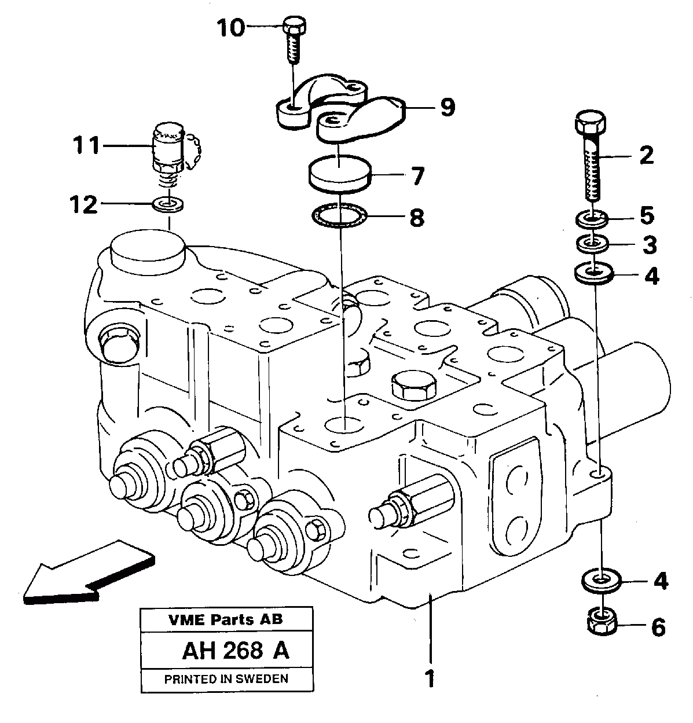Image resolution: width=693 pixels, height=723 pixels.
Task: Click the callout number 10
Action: pos(230,27)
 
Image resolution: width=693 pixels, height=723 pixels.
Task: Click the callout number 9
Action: pos(447,107)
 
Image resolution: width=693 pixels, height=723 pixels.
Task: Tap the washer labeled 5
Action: pos(592,219)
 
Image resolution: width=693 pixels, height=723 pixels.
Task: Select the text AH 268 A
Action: pos(235,651)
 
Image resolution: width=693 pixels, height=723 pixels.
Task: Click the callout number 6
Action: pos(658,627)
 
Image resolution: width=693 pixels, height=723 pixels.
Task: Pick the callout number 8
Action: pos(416,218)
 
